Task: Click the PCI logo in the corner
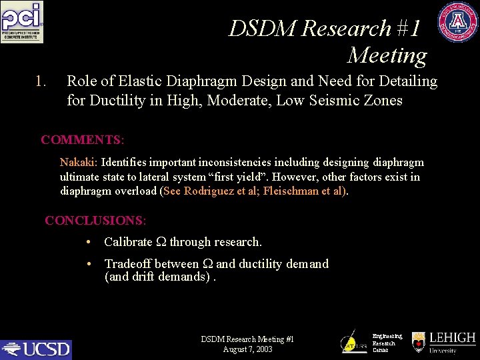(x=22, y=22)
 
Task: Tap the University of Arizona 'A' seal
(x=458, y=22)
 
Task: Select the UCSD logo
(x=36, y=349)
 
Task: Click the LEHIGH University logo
(x=443, y=342)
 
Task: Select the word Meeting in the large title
(x=387, y=55)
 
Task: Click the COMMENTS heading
(x=82, y=140)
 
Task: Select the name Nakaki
(x=79, y=163)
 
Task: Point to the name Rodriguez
(x=208, y=191)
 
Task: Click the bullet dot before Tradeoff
(x=89, y=264)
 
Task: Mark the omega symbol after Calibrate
(x=160, y=242)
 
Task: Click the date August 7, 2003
(x=247, y=349)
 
